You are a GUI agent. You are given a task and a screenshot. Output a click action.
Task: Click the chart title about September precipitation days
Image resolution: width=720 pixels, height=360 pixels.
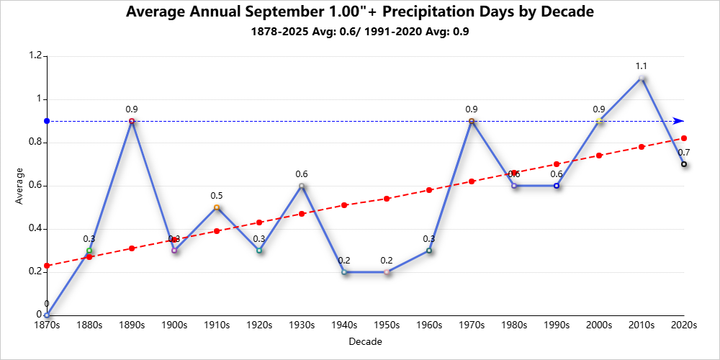pos(360,12)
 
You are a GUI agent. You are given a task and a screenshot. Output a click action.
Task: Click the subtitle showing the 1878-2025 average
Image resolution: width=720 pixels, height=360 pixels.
pos(360,32)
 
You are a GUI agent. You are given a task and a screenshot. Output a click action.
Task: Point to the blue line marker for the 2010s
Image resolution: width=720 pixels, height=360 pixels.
pos(642,78)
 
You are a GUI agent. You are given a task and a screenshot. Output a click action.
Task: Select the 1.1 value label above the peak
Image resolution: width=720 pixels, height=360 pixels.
pos(642,66)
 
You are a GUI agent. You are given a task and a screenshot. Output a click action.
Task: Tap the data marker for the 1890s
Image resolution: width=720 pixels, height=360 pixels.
pos(132,121)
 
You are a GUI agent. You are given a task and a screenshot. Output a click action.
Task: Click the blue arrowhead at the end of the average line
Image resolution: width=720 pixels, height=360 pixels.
pos(679,121)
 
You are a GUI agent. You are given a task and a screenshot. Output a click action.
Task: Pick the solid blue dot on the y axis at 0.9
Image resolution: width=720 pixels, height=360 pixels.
pos(47,121)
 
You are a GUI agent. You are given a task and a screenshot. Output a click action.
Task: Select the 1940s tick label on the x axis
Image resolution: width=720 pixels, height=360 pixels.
pos(344,325)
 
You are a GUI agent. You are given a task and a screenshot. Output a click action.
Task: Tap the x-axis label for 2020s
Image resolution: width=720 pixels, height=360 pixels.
pos(684,325)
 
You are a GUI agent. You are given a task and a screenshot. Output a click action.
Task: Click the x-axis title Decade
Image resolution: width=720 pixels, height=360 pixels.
pos(364,341)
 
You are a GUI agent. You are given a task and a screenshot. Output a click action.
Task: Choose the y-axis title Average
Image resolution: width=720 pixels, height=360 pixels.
pos(19,186)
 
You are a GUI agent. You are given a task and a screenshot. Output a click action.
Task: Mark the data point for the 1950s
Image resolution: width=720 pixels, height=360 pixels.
pos(387,272)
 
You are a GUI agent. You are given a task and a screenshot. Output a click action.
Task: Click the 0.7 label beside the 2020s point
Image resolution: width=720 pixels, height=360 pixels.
pos(684,153)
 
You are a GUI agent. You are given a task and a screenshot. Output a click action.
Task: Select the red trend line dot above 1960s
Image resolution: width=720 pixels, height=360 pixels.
pos(429,190)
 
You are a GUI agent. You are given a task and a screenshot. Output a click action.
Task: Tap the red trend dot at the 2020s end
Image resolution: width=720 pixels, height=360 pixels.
pos(684,138)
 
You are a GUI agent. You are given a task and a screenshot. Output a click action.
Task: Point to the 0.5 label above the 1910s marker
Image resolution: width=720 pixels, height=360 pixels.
pos(217,196)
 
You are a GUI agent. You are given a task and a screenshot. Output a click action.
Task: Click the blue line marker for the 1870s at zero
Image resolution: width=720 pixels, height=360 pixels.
pos(47,315)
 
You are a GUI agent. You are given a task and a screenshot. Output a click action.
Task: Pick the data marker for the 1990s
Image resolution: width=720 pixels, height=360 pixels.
pos(557,186)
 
